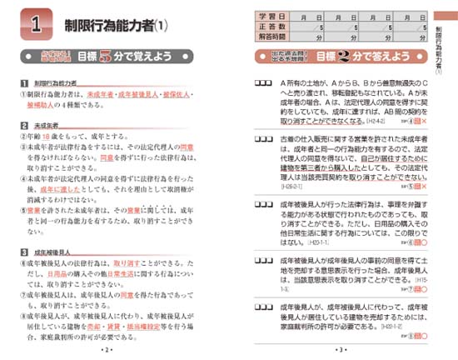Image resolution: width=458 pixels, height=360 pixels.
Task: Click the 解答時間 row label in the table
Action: point(276,37)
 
